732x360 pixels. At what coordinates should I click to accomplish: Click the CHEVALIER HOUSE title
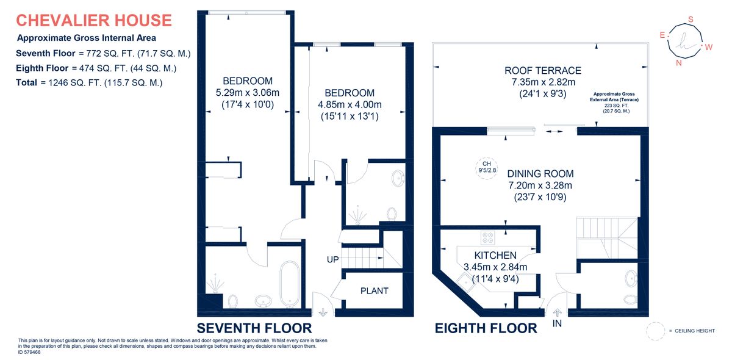[93, 20]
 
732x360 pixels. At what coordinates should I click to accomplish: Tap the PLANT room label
[374, 291]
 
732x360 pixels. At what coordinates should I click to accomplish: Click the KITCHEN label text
[495, 255]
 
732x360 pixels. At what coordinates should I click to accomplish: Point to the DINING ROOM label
[540, 174]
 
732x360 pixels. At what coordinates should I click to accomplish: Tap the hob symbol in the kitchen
[489, 237]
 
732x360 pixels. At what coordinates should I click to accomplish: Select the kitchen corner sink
[467, 281]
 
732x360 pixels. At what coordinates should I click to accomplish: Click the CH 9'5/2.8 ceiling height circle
[486, 166]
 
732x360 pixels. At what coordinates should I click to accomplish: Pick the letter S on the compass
[691, 20]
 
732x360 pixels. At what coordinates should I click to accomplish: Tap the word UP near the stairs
[332, 260]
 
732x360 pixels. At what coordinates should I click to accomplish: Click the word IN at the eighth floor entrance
[557, 323]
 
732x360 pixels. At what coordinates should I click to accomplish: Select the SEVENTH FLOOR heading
[254, 328]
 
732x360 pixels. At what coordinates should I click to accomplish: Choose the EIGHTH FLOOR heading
[486, 328]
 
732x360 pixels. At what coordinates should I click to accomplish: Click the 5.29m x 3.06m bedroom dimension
[247, 93]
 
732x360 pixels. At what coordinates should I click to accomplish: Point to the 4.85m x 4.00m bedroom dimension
[349, 105]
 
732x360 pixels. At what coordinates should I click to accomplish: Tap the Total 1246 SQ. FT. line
[89, 82]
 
